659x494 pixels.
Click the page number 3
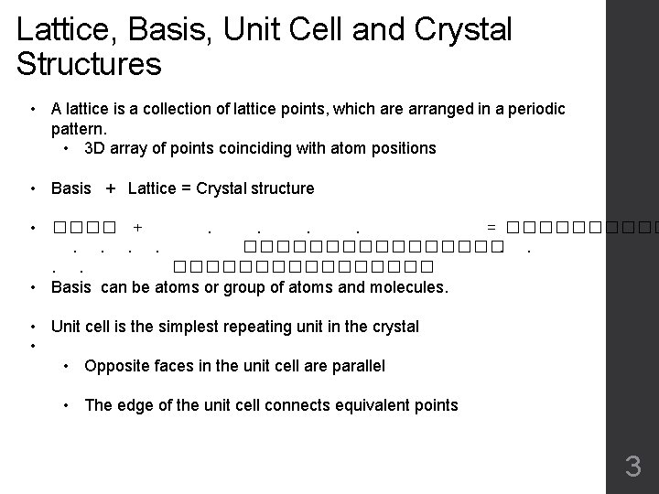pyautogui.click(x=632, y=467)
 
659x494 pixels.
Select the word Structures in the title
pyautogui.click(x=89, y=65)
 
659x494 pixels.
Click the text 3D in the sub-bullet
pyautogui.click(x=94, y=147)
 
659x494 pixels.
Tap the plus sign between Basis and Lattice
pyautogui.click(x=111, y=188)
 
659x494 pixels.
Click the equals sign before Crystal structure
pyautogui.click(x=187, y=188)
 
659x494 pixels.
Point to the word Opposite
pyautogui.click(x=115, y=366)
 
